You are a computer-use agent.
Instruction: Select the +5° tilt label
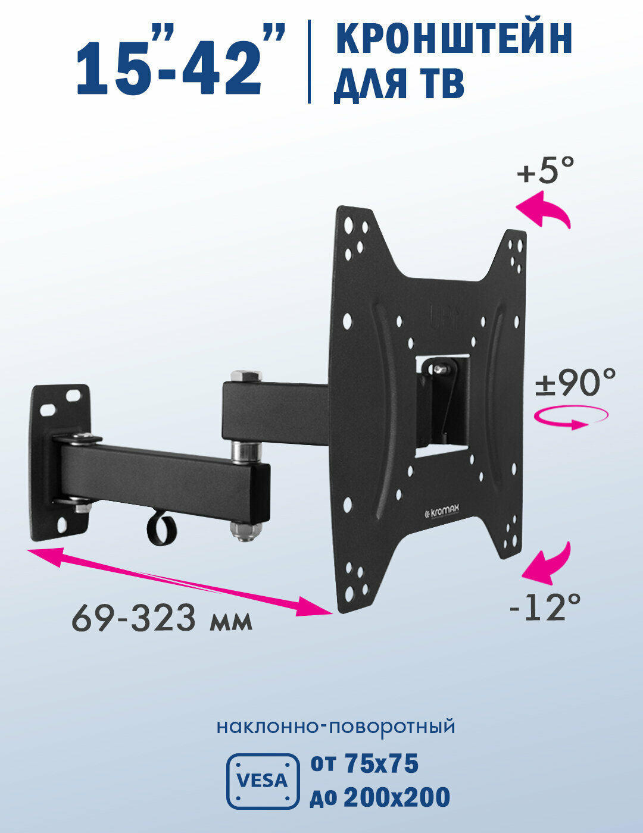point(545,171)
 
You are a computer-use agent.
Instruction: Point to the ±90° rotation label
point(575,383)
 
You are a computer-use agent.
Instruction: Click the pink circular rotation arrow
point(570,416)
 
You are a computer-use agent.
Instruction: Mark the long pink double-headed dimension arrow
point(179,581)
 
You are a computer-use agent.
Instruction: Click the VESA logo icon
point(263,781)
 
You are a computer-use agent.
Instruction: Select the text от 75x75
point(364,764)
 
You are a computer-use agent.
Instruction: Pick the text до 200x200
point(380,797)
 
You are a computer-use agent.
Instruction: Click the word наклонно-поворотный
point(335,726)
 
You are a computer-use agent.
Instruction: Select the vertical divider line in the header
point(309,61)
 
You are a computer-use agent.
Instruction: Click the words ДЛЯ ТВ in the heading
point(399,85)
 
